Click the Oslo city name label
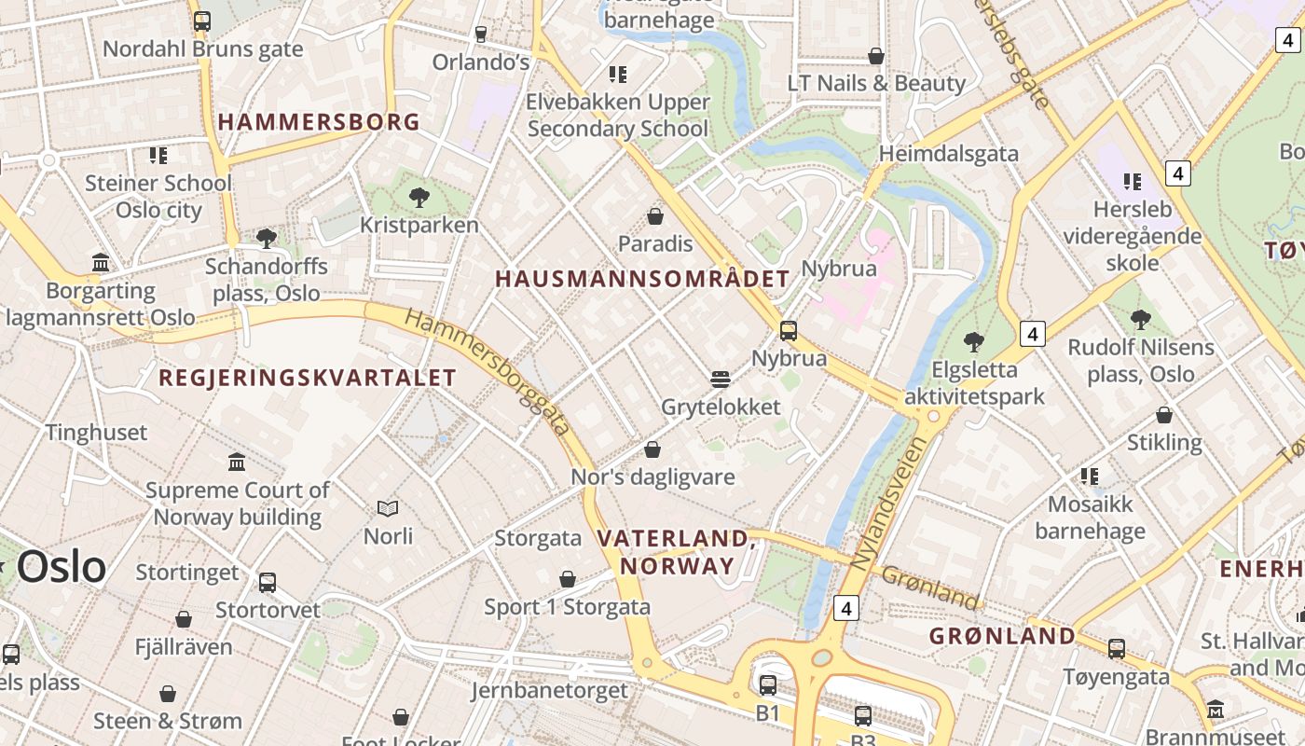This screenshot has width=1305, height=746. click(x=61, y=567)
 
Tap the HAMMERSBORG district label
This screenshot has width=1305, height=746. click(x=319, y=122)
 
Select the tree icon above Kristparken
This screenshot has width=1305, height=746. click(x=419, y=197)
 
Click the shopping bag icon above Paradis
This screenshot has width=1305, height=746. click(x=655, y=217)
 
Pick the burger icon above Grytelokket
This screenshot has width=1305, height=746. click(x=720, y=380)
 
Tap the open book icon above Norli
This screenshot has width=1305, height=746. click(x=388, y=508)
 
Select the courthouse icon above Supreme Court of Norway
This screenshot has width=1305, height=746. click(x=237, y=462)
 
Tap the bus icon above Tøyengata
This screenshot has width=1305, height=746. click(x=1116, y=648)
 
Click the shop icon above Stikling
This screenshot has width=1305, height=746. click(x=1163, y=415)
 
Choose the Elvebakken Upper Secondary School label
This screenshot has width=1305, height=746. click(x=618, y=115)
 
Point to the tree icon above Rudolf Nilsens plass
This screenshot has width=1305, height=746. click(x=1140, y=320)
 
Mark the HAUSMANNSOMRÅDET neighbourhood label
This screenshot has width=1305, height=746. click(x=642, y=279)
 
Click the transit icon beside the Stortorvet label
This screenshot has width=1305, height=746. click(x=268, y=583)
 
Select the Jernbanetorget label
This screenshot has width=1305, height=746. click(x=549, y=691)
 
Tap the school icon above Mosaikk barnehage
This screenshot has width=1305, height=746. click(x=1089, y=477)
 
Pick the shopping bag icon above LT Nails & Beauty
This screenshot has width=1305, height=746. click(x=875, y=56)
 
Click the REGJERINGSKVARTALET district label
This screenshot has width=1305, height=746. click(x=308, y=378)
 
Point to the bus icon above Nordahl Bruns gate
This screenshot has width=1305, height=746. click(x=201, y=21)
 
